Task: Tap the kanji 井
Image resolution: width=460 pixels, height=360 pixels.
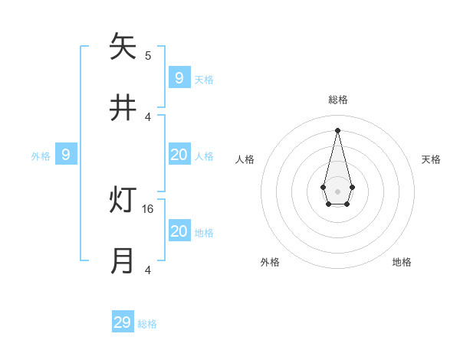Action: (123, 109)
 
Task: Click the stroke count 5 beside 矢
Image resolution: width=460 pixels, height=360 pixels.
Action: (148, 55)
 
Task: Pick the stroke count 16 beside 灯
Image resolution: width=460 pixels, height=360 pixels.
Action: (149, 208)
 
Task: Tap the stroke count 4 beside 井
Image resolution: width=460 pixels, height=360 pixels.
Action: (148, 116)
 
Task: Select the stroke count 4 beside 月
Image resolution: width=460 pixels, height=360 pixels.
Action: (148, 270)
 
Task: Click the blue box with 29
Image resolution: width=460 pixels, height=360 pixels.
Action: (123, 322)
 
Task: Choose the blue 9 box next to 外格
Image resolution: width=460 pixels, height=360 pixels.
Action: (66, 155)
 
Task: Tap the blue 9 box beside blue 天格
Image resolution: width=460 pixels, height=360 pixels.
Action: (179, 77)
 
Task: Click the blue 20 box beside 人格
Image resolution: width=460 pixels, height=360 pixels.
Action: (179, 155)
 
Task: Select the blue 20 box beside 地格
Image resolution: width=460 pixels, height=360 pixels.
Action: (179, 231)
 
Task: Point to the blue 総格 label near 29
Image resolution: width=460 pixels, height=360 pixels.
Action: (147, 324)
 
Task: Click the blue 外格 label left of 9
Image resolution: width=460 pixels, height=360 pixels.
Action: (41, 156)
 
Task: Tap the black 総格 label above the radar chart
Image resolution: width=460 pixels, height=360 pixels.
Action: (337, 100)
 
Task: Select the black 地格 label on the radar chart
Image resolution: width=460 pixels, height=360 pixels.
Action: (402, 262)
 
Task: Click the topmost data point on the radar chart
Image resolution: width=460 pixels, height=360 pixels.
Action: (337, 129)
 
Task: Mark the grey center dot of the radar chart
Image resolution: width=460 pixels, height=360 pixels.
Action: (337, 191)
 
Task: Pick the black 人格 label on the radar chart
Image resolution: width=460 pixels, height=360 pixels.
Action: (245, 159)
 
